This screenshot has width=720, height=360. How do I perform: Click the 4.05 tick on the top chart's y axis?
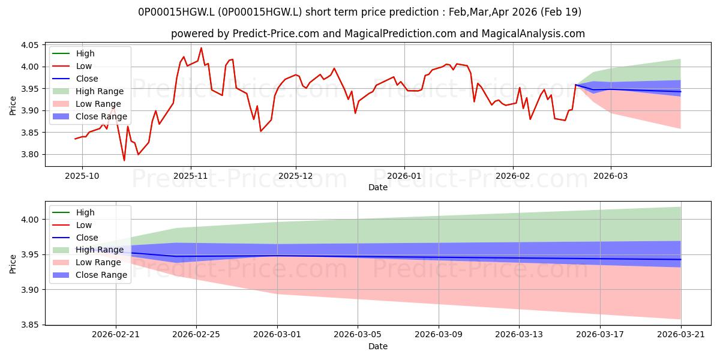pyautogui.click(x=29, y=45)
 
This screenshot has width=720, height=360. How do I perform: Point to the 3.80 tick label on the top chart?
pyautogui.click(x=29, y=155)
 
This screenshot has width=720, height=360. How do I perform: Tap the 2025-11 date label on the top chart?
pyautogui.click(x=191, y=176)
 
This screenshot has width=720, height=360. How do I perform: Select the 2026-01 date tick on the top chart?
pyautogui.click(x=404, y=176)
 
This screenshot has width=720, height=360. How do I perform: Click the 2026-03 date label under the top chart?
pyautogui.click(x=610, y=176)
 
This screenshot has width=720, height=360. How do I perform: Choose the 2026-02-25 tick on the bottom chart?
pyautogui.click(x=196, y=335)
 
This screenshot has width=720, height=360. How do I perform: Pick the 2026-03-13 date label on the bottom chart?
pyautogui.click(x=519, y=335)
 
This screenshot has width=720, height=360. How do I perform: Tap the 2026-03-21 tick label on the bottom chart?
pyautogui.click(x=681, y=335)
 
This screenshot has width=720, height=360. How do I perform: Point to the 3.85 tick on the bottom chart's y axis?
pyautogui.click(x=29, y=325)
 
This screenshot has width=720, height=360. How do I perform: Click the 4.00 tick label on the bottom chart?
pyautogui.click(x=29, y=220)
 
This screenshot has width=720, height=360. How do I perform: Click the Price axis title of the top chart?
pyautogui.click(x=13, y=106)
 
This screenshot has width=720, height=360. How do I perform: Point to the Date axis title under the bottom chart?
pyautogui.click(x=378, y=346)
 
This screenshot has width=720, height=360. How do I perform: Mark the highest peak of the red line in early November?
pyautogui.click(x=201, y=48)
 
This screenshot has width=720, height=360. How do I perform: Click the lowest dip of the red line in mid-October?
pyautogui.click(x=124, y=160)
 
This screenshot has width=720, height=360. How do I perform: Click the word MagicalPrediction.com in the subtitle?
pyautogui.click(x=401, y=34)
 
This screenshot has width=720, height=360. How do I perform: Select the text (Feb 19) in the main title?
pyautogui.click(x=561, y=12)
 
